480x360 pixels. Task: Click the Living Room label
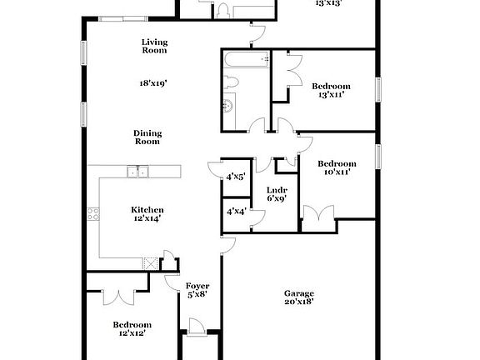coord(153,46)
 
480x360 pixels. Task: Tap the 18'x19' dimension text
coord(153,83)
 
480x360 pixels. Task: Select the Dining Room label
coord(147,137)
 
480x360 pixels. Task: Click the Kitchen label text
coord(147,209)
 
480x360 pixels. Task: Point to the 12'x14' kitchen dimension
coord(147,218)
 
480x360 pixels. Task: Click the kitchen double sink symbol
coord(137,172)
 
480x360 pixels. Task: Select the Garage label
coord(299,293)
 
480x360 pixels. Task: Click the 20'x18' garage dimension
coord(299,303)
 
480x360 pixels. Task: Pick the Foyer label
coord(197,286)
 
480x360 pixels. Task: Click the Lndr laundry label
coord(276,189)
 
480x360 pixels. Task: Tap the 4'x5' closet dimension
coord(236,177)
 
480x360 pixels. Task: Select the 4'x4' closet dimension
coord(236,212)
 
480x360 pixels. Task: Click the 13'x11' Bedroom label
coord(331,86)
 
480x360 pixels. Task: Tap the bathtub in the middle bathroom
coord(247,59)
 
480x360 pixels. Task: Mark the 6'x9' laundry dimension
coord(276,198)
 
